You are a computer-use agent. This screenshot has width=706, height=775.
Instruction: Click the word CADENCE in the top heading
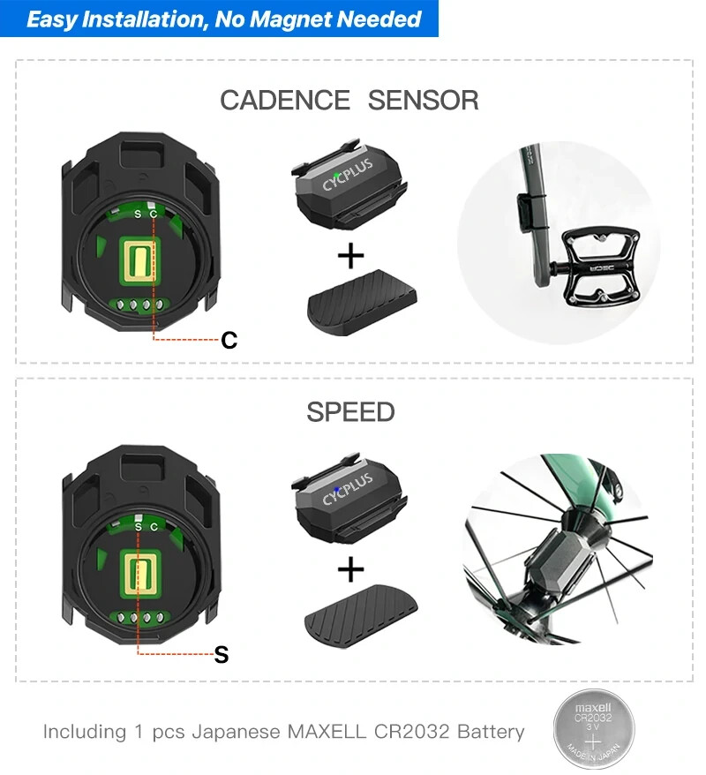tap(284, 101)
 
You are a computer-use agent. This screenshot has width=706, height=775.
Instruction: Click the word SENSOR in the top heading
tap(424, 101)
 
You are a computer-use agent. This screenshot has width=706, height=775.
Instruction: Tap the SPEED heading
tap(350, 411)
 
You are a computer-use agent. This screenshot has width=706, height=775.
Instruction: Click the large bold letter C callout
tap(229, 340)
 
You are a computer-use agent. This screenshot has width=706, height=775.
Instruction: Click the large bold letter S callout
tap(222, 654)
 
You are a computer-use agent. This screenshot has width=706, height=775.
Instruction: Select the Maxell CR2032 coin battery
tap(593, 729)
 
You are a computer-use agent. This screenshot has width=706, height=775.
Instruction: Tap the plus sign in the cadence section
tap(350, 256)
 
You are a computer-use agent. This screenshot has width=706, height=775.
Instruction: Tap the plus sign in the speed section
tap(350, 569)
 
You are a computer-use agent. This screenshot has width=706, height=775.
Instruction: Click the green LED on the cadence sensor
tap(336, 175)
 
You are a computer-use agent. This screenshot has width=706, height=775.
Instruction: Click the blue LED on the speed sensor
tap(336, 490)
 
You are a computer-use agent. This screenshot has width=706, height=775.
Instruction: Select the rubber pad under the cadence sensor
tap(362, 303)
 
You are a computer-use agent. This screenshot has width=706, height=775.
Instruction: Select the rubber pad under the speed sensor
tap(361, 616)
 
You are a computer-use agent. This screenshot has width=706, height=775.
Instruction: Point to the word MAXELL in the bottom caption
tap(327, 732)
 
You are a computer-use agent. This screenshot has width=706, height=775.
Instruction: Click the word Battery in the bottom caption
tap(491, 732)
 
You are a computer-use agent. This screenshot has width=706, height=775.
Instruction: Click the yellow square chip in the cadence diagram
tap(139, 258)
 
